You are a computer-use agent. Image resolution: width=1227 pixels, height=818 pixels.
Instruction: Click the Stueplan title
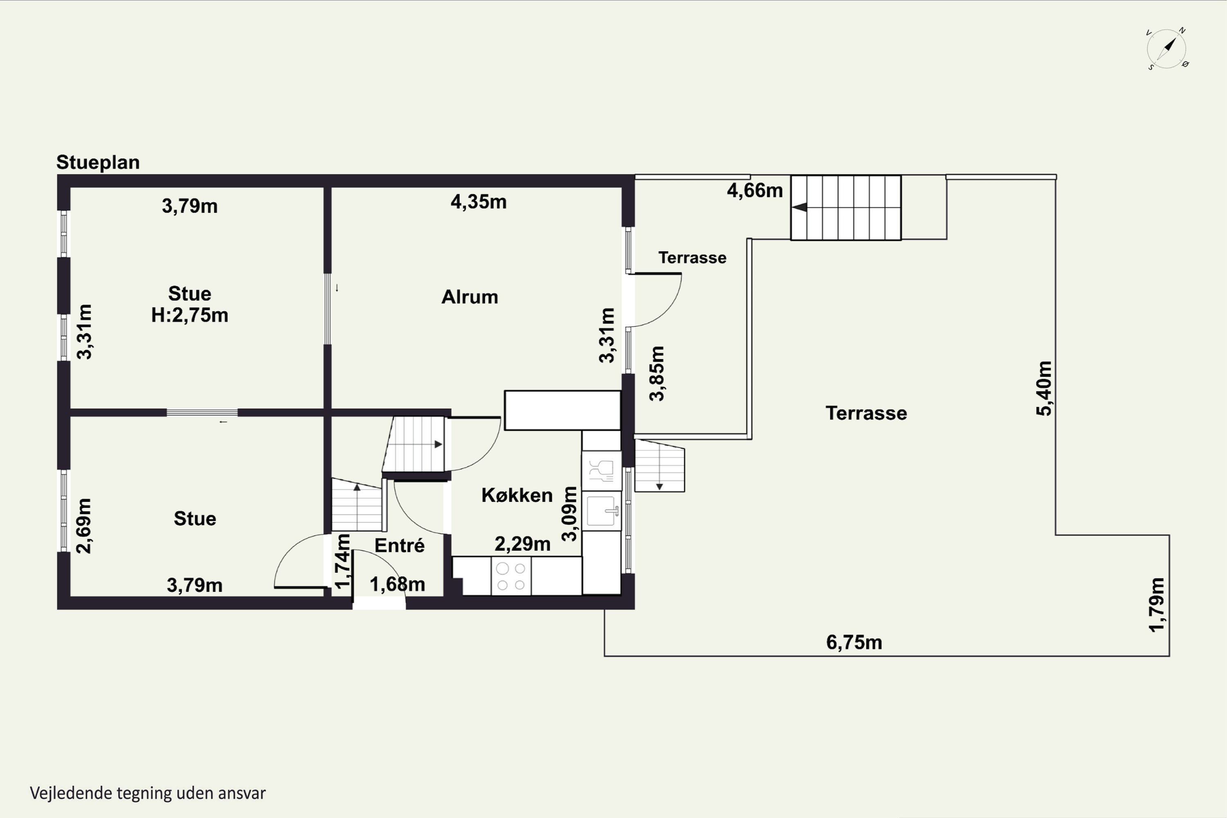(98, 162)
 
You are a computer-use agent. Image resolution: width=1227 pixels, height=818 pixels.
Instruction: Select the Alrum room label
(470, 297)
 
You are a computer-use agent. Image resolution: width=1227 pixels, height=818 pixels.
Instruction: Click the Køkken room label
(517, 495)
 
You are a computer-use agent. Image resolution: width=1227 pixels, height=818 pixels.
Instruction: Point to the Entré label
(400, 545)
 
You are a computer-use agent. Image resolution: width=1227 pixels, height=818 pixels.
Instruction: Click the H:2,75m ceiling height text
(190, 315)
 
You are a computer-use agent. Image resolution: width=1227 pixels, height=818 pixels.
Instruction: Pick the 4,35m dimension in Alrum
(479, 202)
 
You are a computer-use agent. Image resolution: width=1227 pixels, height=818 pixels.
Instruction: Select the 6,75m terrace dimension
(854, 642)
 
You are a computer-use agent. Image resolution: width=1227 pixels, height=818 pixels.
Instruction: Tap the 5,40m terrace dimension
(1044, 388)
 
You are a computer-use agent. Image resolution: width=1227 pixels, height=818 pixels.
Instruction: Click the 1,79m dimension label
(1157, 605)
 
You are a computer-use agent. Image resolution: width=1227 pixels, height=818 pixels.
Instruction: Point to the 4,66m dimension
(755, 191)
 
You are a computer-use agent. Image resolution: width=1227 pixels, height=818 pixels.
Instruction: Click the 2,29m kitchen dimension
(523, 544)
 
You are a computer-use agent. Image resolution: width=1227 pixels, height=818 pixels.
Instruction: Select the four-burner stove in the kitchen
(511, 576)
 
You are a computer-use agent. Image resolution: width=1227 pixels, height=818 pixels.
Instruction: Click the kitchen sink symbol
(602, 511)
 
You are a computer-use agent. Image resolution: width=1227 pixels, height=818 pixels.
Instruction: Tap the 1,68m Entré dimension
(398, 584)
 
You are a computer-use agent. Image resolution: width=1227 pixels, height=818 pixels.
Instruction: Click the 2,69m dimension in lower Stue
(84, 526)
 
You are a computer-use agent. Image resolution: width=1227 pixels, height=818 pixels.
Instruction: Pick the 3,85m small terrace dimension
(657, 373)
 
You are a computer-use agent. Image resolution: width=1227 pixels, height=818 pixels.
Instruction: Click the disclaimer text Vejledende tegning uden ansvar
(148, 793)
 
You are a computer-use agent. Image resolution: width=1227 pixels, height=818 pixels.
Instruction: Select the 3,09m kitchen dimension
(570, 514)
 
